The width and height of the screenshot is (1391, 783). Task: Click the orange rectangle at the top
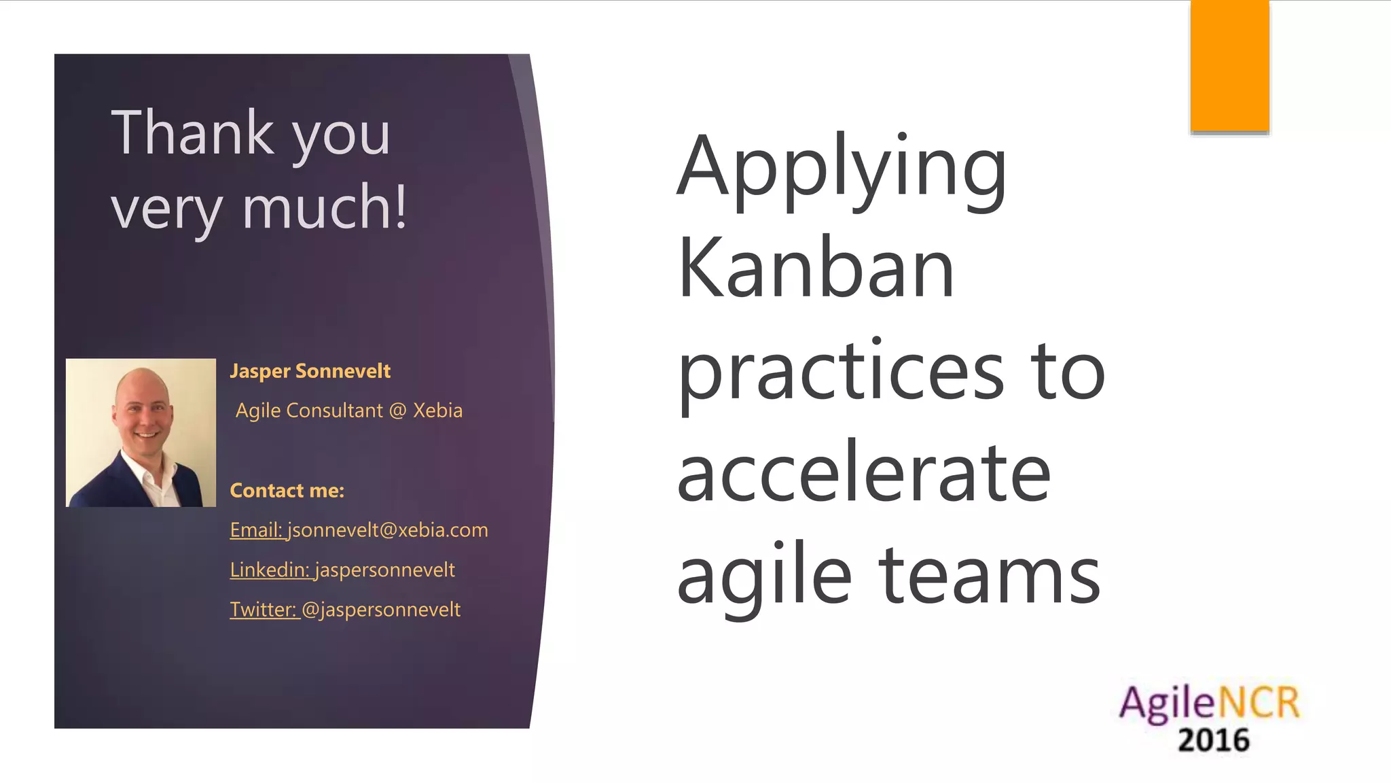(1229, 66)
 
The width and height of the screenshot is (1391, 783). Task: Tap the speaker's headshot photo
(141, 433)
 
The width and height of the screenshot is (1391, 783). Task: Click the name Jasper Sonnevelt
(310, 371)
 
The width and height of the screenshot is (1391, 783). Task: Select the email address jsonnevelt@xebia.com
(387, 530)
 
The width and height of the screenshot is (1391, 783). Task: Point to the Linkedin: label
(270, 570)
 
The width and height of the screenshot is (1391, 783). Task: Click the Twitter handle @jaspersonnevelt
(380, 610)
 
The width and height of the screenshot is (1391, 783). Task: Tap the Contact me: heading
(287, 491)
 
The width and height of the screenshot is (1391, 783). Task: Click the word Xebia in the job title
(437, 411)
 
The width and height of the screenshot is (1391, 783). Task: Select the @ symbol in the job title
(397, 411)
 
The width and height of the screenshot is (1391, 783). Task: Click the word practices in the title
(841, 372)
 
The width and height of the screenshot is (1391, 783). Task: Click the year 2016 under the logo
(1214, 740)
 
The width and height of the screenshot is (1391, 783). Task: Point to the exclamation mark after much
(400, 207)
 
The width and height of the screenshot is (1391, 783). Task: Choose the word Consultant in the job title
(335, 411)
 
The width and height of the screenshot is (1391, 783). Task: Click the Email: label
(256, 530)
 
